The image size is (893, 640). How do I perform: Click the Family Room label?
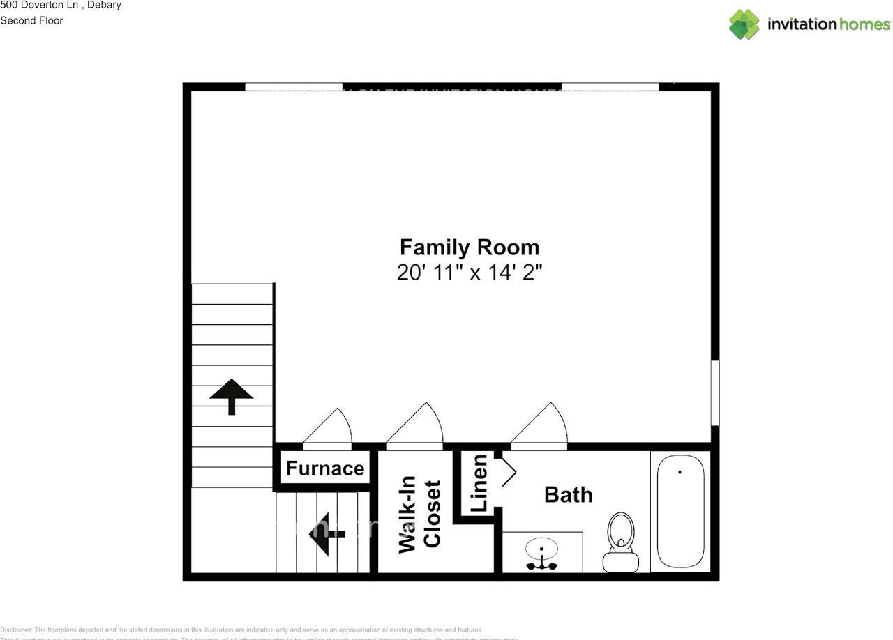(x=469, y=247)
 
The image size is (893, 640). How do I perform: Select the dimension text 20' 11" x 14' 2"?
(x=469, y=272)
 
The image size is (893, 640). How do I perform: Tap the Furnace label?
(x=325, y=468)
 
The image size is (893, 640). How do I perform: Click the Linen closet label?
(x=480, y=483)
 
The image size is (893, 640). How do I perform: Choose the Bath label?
(x=568, y=494)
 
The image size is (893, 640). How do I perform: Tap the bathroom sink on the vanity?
(x=541, y=552)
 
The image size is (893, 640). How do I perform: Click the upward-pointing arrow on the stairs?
(x=232, y=395)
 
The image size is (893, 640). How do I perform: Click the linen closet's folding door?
(x=508, y=472)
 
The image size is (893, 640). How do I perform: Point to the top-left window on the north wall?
(x=294, y=87)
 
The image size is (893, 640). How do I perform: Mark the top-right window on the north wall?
(x=610, y=87)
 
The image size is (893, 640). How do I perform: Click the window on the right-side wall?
(x=714, y=393)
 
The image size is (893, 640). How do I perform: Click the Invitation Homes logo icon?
(x=744, y=24)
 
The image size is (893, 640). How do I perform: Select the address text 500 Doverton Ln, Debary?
(x=61, y=6)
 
